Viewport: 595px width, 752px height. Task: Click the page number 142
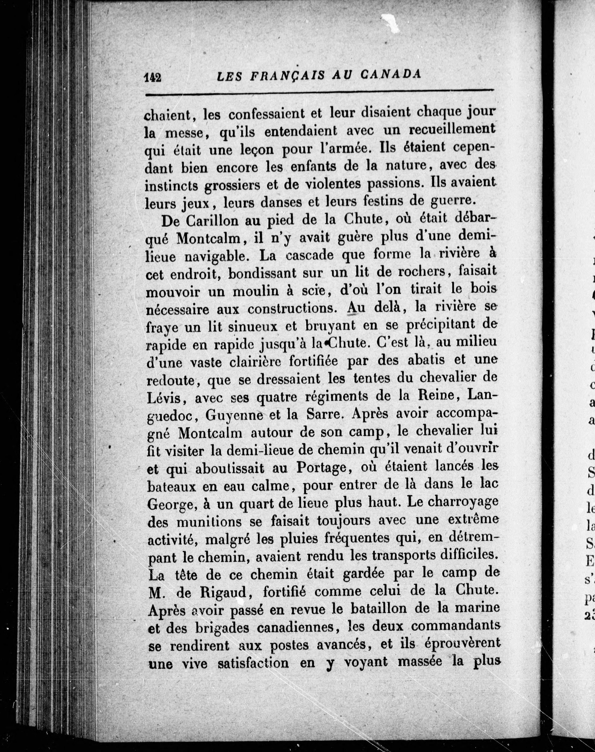pos(153,77)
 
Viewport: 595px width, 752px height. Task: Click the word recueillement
pos(452,129)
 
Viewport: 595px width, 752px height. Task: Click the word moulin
pos(255,291)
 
